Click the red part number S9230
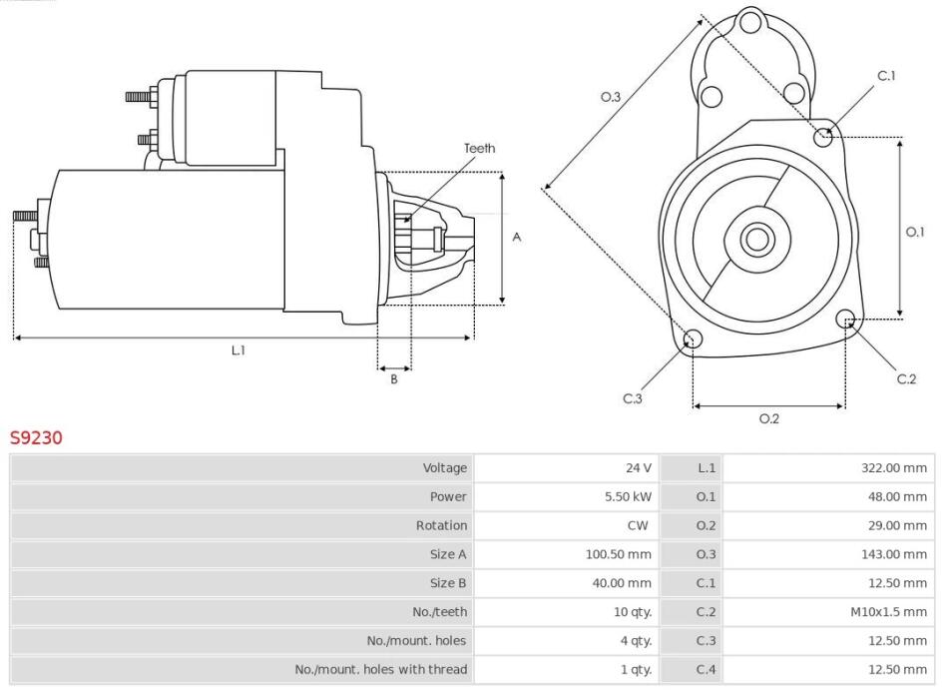[x=36, y=437]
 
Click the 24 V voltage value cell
[x=639, y=467]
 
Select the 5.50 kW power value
[x=628, y=496]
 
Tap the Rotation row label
[x=441, y=525]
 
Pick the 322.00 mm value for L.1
[x=893, y=467]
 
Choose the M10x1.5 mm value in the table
[x=888, y=612]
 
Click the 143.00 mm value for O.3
[x=893, y=554]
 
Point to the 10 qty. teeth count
[x=633, y=612]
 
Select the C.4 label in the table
[x=706, y=669]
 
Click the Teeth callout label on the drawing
[x=479, y=148]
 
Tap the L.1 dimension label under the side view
[x=238, y=350]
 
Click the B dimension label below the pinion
[x=393, y=379]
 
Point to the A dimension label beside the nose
[x=517, y=237]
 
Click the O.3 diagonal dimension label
[x=611, y=97]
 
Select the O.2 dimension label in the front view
[x=769, y=418]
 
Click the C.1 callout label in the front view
[x=886, y=76]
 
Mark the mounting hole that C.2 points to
[x=846, y=320]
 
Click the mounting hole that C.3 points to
[x=693, y=339]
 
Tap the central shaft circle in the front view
[x=757, y=240]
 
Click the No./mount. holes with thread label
[x=381, y=669]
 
